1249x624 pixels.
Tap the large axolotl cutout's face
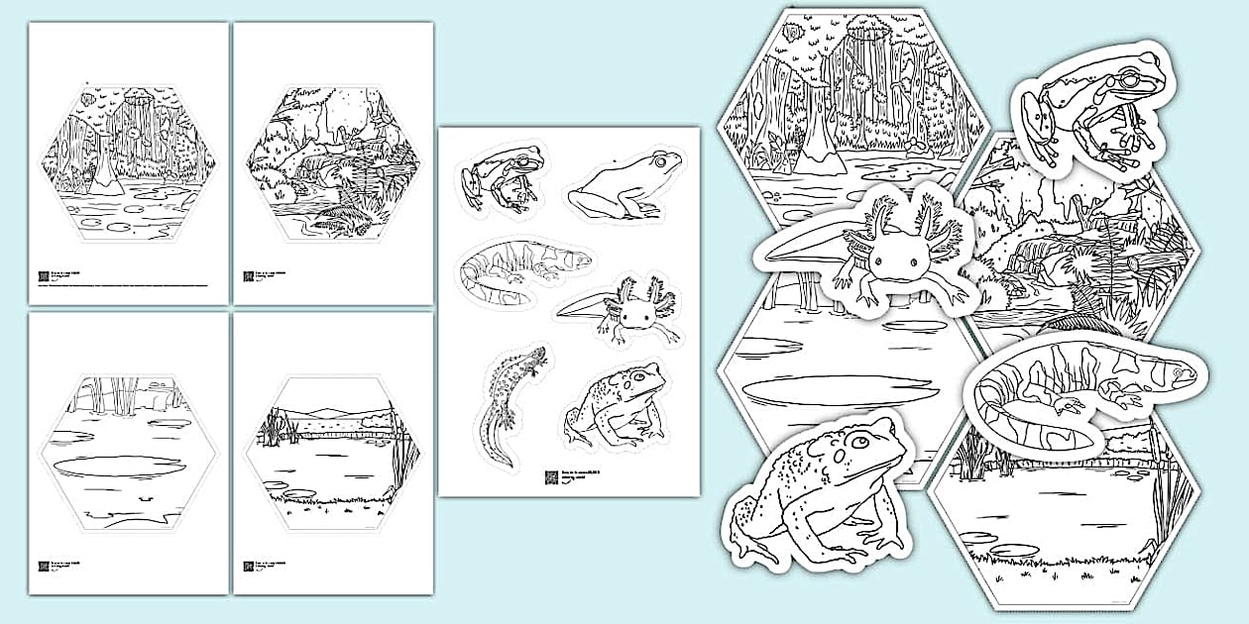coord(891,260)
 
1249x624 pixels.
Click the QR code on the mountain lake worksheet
coord(249,568)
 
